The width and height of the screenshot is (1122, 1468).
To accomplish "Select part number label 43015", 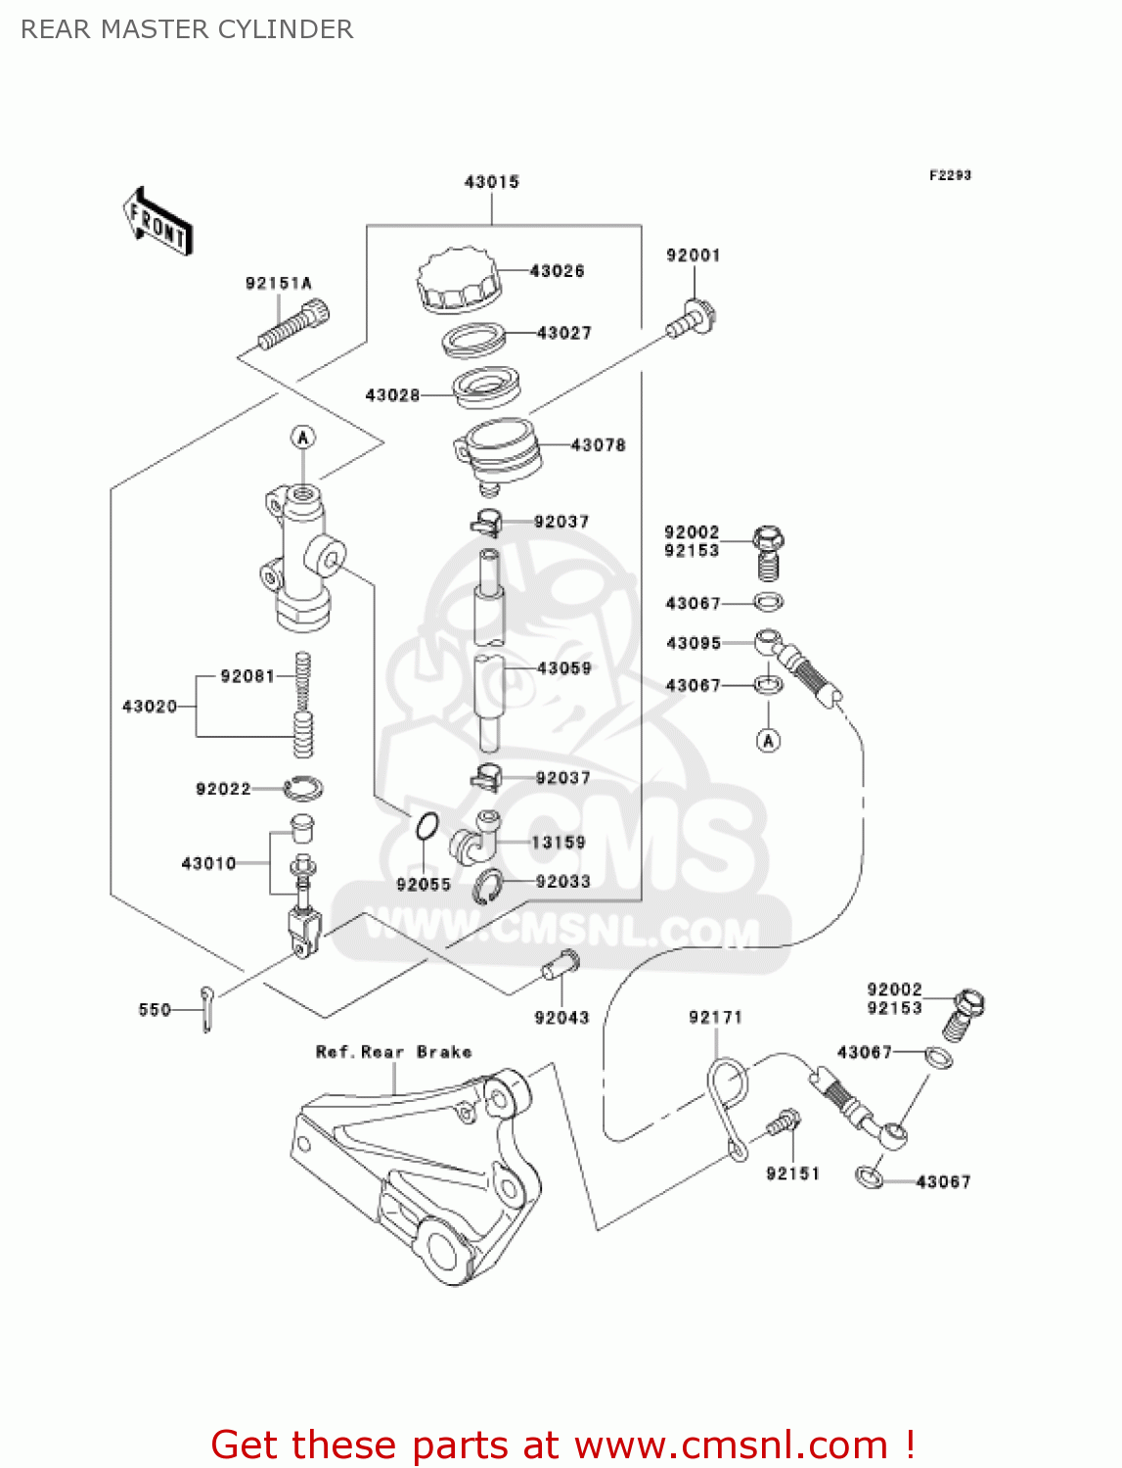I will [491, 182].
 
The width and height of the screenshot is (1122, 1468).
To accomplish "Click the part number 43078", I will [598, 445].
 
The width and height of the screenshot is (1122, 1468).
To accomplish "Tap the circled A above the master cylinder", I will [303, 436].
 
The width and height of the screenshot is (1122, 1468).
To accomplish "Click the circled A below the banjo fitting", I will [769, 741].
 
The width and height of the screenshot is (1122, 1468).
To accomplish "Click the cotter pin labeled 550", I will [206, 1008].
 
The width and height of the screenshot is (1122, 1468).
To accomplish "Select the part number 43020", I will [150, 707].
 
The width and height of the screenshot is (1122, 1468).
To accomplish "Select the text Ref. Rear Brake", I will [393, 1052].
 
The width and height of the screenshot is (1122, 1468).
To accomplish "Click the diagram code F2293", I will [950, 175].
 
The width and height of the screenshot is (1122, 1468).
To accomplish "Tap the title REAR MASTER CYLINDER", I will [187, 29].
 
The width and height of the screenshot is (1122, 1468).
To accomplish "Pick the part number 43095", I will [693, 643].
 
